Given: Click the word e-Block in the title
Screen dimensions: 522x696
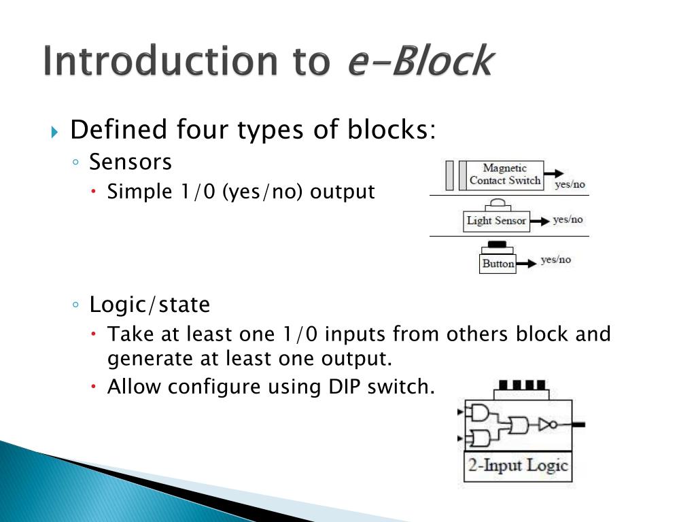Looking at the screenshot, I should pos(419,61).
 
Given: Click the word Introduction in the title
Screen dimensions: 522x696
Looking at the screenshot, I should pos(158,61).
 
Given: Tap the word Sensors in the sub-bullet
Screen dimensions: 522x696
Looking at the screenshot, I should pos(130,162).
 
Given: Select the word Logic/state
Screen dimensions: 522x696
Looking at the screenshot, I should pos(150,305).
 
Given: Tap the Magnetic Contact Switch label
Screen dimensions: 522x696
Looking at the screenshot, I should pos(504,175).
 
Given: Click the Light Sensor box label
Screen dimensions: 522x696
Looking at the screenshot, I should pos(496,221).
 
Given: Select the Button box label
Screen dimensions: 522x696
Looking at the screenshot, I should pos(498,264).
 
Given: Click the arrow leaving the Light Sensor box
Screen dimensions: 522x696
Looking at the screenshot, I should pos(539,221).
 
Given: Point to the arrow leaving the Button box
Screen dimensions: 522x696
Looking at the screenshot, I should pos(526,263).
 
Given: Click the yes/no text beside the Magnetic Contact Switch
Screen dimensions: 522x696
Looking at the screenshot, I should pos(570,184).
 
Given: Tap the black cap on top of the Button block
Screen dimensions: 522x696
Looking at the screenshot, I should pos(498,244).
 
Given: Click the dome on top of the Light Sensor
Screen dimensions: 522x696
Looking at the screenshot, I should pos(496,203).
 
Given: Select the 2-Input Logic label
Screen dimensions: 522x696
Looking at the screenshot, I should pos(517,466).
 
